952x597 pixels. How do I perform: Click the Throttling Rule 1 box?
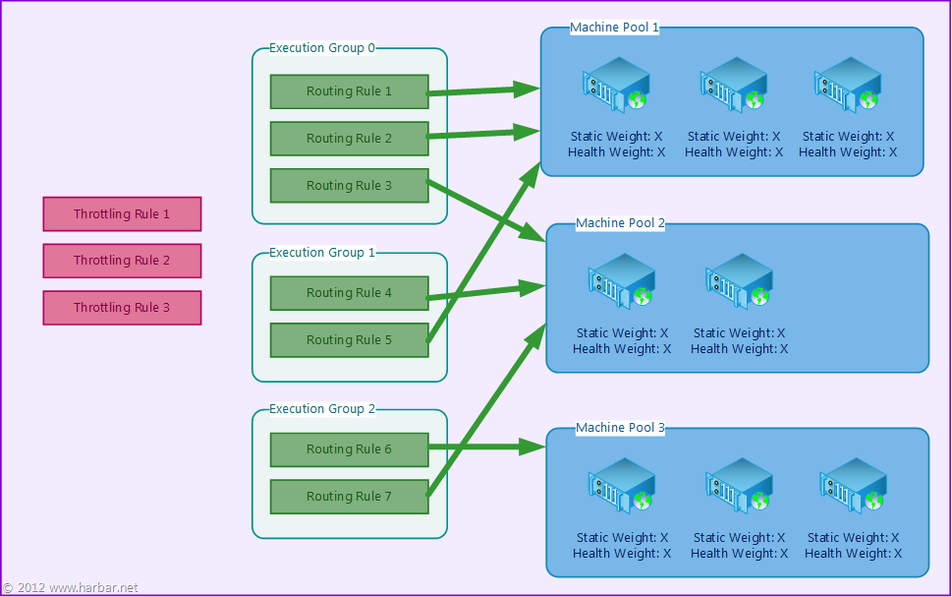click(122, 214)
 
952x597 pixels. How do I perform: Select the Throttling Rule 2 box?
click(122, 261)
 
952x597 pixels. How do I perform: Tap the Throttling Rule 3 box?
click(122, 308)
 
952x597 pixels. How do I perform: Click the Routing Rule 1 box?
click(349, 91)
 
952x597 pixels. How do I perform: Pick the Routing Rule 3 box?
click(349, 186)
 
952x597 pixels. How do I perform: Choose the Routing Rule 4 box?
click(349, 293)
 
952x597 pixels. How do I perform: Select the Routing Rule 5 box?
click(349, 340)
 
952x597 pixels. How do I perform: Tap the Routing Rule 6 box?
click(349, 449)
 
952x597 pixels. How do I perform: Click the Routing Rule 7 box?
click(349, 497)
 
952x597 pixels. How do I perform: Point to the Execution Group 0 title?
click(322, 48)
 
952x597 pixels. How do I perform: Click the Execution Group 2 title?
click(322, 409)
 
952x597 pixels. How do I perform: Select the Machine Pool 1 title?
click(614, 28)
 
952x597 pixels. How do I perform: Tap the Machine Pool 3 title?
click(620, 428)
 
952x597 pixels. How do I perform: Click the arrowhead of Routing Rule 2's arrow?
click(527, 132)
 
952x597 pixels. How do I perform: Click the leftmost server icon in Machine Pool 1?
click(616, 86)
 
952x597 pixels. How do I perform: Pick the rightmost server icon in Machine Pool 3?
click(853, 486)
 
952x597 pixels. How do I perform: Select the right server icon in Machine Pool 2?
click(739, 281)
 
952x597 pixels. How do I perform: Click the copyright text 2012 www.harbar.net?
click(71, 588)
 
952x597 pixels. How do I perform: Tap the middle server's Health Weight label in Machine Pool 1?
click(734, 152)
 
